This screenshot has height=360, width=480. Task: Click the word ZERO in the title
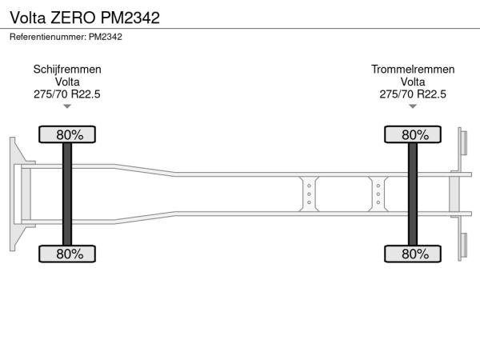pyautogui.click(x=73, y=18)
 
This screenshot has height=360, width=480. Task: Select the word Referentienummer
pyautogui.click(x=48, y=37)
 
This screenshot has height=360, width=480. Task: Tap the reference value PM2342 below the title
pyautogui.click(x=106, y=37)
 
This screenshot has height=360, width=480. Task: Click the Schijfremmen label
pyautogui.click(x=67, y=70)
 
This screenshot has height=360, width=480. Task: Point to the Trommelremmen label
pyautogui.click(x=413, y=70)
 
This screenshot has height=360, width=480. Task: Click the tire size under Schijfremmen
pyautogui.click(x=67, y=94)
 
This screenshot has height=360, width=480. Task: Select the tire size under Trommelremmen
pyautogui.click(x=413, y=94)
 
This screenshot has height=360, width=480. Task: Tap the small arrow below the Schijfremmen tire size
pyautogui.click(x=67, y=106)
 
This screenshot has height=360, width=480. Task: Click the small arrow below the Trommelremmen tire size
pyautogui.click(x=413, y=106)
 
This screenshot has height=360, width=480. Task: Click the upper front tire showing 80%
pyautogui.click(x=67, y=134)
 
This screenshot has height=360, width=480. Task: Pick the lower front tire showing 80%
pyautogui.click(x=67, y=254)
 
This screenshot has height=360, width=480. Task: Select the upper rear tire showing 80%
pyautogui.click(x=413, y=134)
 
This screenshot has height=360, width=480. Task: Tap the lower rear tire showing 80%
pyautogui.click(x=413, y=254)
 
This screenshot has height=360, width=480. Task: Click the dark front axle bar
pyautogui.click(x=67, y=194)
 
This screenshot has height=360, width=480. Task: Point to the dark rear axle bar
pyautogui.click(x=413, y=194)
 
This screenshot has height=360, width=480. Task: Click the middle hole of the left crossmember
pyautogui.click(x=309, y=194)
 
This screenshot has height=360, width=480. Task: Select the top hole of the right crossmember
pyautogui.click(x=378, y=186)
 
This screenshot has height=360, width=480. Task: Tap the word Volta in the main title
pyautogui.click(x=28, y=18)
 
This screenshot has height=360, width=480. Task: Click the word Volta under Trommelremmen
pyautogui.click(x=413, y=82)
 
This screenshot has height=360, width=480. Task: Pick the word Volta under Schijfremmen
pyautogui.click(x=67, y=82)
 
